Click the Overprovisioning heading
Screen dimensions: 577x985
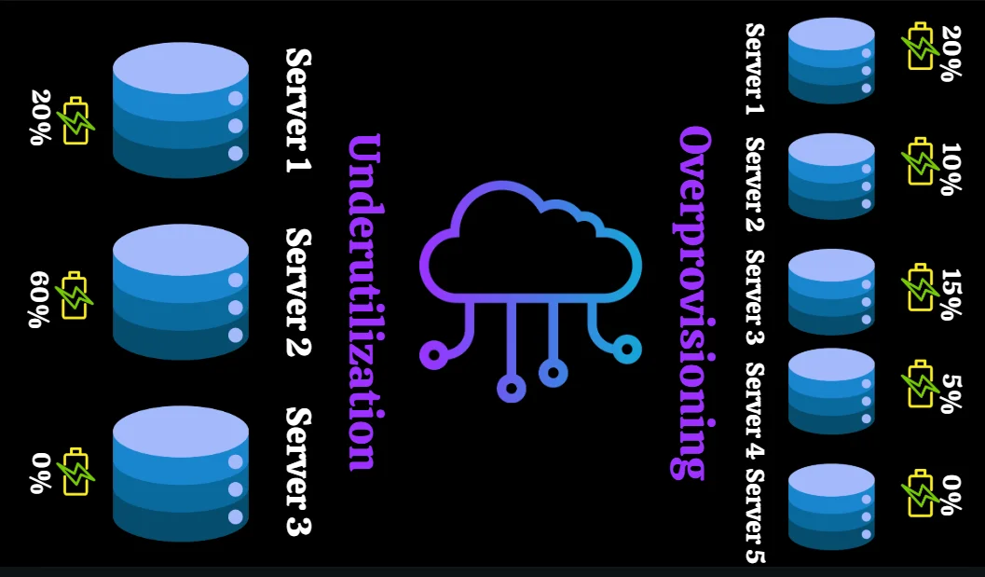(694, 302)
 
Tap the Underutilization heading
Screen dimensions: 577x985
(363, 302)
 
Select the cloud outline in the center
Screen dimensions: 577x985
(530, 244)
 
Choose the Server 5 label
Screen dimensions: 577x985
(755, 515)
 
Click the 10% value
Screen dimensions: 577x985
(950, 169)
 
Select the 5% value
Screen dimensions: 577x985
(950, 392)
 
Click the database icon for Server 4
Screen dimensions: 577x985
(831, 392)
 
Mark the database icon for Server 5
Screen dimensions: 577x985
(831, 506)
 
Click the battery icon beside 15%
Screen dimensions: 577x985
(920, 287)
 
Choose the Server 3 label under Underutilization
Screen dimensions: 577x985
(298, 472)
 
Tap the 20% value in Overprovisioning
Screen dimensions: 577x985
(950, 53)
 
